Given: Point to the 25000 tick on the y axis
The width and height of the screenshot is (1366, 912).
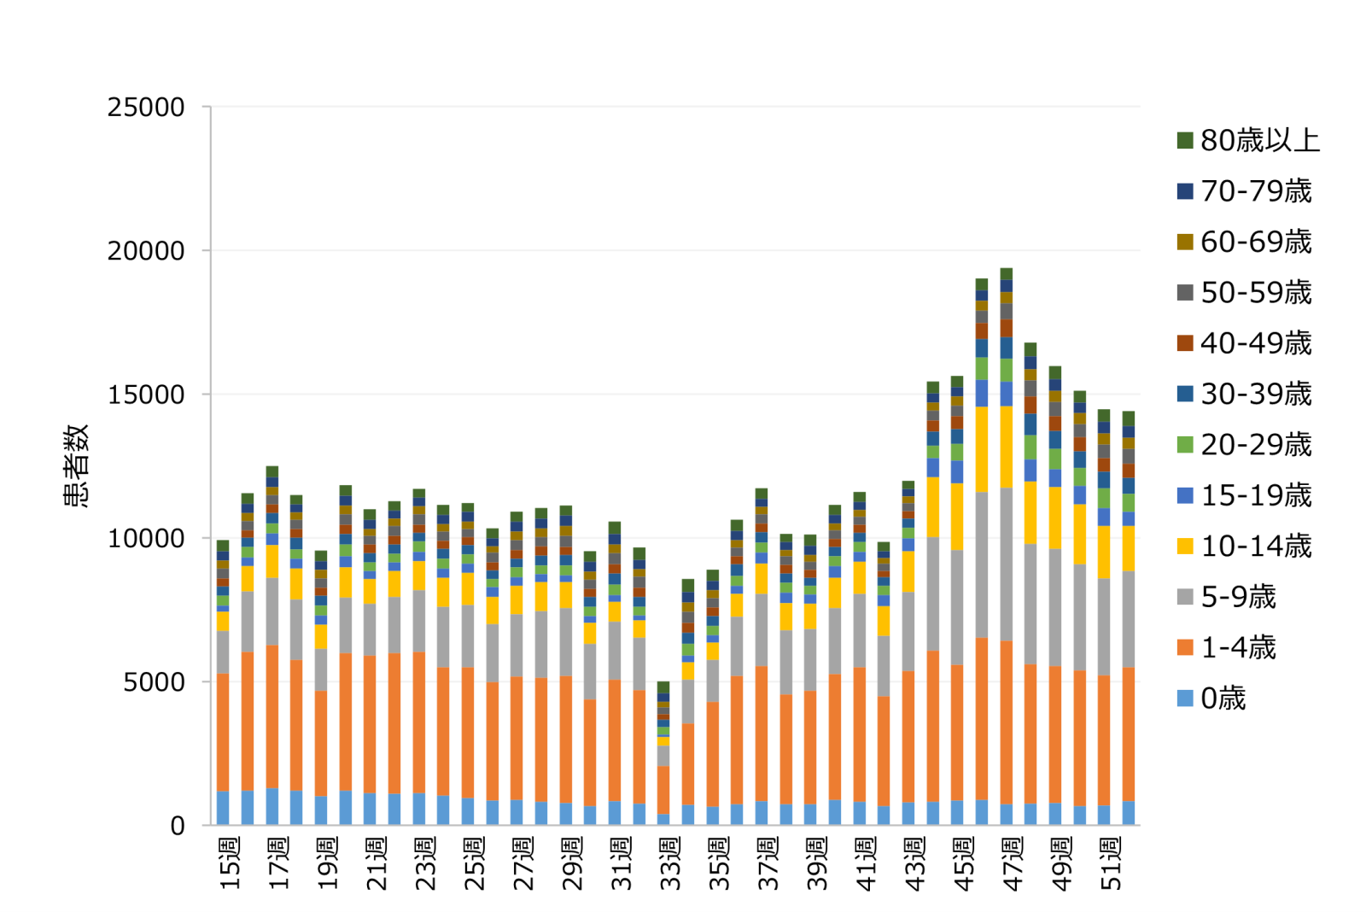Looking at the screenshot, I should [146, 108].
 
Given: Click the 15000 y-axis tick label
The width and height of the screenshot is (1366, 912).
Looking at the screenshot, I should [146, 395].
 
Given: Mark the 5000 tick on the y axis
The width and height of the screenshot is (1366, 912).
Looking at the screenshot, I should [154, 682].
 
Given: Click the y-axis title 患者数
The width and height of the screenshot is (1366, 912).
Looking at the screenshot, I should [77, 465].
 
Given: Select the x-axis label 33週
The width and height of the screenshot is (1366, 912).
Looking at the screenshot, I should [670, 864].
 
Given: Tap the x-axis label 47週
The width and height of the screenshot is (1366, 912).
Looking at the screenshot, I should [1013, 864].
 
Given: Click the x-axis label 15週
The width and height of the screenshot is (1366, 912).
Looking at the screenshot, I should [230, 864].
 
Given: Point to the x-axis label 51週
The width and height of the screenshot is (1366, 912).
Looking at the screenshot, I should [1111, 864].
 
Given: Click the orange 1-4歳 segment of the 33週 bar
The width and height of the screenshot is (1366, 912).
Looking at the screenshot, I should [663, 790].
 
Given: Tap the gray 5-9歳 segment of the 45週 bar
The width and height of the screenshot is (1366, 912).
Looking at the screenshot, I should [957, 607].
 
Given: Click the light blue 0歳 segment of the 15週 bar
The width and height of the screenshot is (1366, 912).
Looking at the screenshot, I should [223, 808].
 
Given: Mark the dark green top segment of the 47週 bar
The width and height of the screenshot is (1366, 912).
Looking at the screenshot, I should [1007, 274].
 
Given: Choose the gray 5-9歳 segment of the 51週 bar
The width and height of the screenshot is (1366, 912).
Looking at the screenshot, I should [1104, 627].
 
